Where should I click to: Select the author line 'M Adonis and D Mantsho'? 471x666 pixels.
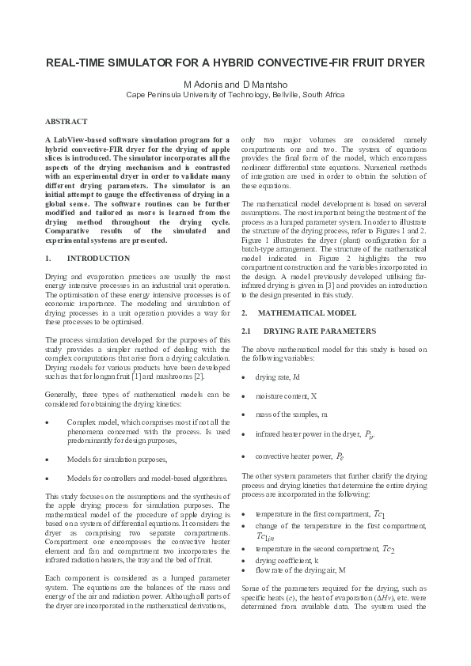click(x=235, y=83)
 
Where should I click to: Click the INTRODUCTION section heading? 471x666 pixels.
click(x=99, y=259)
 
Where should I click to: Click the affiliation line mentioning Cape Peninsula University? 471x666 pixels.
click(x=235, y=94)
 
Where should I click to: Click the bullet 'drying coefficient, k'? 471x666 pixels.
click(x=287, y=537)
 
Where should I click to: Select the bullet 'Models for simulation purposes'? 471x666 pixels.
click(x=116, y=459)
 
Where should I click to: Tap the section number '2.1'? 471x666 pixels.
click(x=245, y=330)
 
